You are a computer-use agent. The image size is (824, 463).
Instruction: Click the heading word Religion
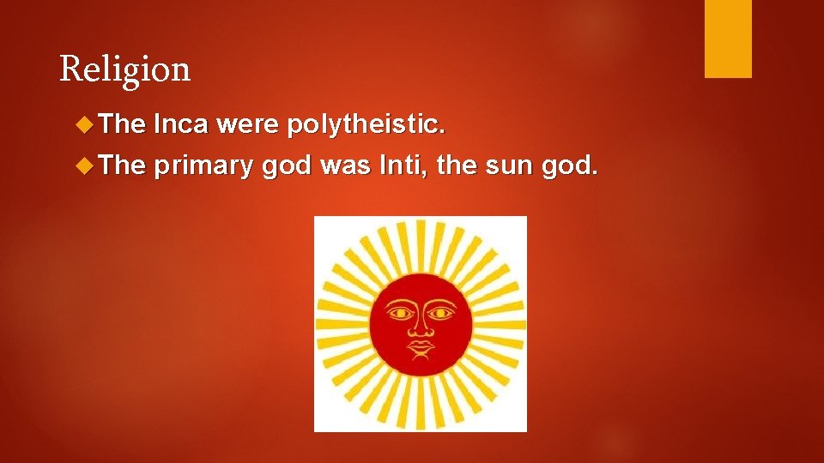(x=125, y=69)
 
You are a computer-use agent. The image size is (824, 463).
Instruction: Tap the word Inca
(x=180, y=126)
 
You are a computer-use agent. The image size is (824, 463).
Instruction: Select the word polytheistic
(x=367, y=126)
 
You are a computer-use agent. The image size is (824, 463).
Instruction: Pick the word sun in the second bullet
(x=503, y=165)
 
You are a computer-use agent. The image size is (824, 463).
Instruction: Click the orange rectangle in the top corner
(x=728, y=39)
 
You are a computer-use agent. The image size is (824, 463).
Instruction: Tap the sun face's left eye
(x=400, y=313)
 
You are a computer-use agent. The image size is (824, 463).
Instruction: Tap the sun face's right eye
(x=440, y=313)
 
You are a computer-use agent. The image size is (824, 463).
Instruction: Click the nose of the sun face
(x=420, y=327)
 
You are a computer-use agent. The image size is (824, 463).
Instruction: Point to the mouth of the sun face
(x=420, y=347)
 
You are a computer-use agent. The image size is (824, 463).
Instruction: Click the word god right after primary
(x=287, y=165)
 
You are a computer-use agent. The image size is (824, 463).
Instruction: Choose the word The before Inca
(x=122, y=126)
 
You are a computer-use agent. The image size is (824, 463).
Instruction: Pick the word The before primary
(x=122, y=165)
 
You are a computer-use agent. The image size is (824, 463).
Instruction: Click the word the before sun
(x=454, y=165)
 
